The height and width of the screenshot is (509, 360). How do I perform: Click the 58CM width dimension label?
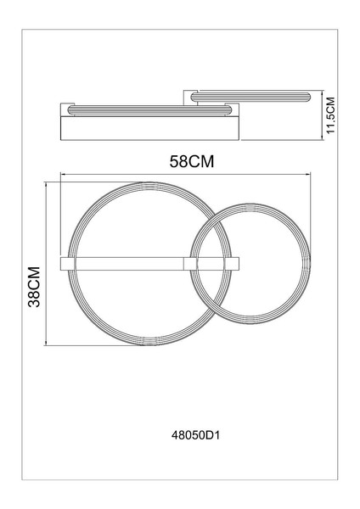tap(192, 161)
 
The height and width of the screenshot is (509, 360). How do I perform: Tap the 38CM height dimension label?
tap(34, 287)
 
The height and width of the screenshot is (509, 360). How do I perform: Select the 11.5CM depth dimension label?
tap(330, 115)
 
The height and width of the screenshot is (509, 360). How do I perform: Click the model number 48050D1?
tap(195, 435)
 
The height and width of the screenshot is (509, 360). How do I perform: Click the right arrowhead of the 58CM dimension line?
tap(308, 175)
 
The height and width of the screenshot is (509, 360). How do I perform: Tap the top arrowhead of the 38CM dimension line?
tap(46, 185)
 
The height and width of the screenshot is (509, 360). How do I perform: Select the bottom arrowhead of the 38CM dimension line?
tap(46, 343)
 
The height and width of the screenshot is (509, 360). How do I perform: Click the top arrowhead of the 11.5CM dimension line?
tap(322, 93)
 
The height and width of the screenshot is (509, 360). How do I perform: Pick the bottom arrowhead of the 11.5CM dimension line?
tap(322, 137)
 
